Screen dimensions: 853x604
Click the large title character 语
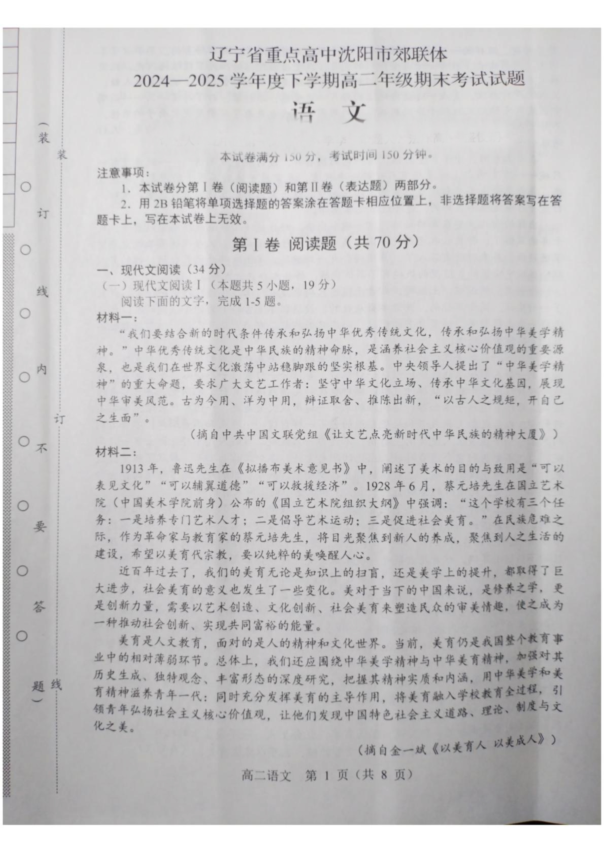pos(304,113)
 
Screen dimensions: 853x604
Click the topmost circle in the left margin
pos(25,186)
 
